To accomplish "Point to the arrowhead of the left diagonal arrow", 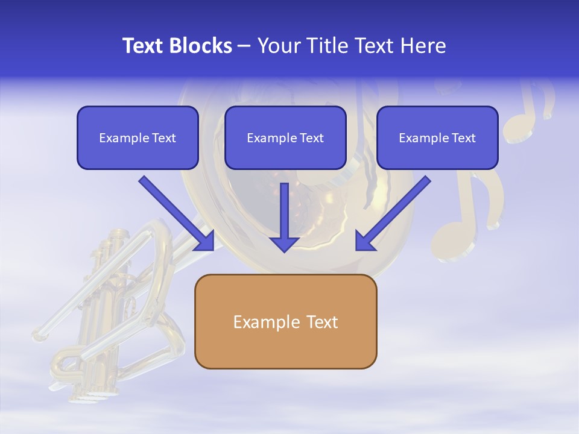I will tap(205, 241).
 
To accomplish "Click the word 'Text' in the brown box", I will tap(322, 322).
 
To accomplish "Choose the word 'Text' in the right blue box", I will tap(464, 138).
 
